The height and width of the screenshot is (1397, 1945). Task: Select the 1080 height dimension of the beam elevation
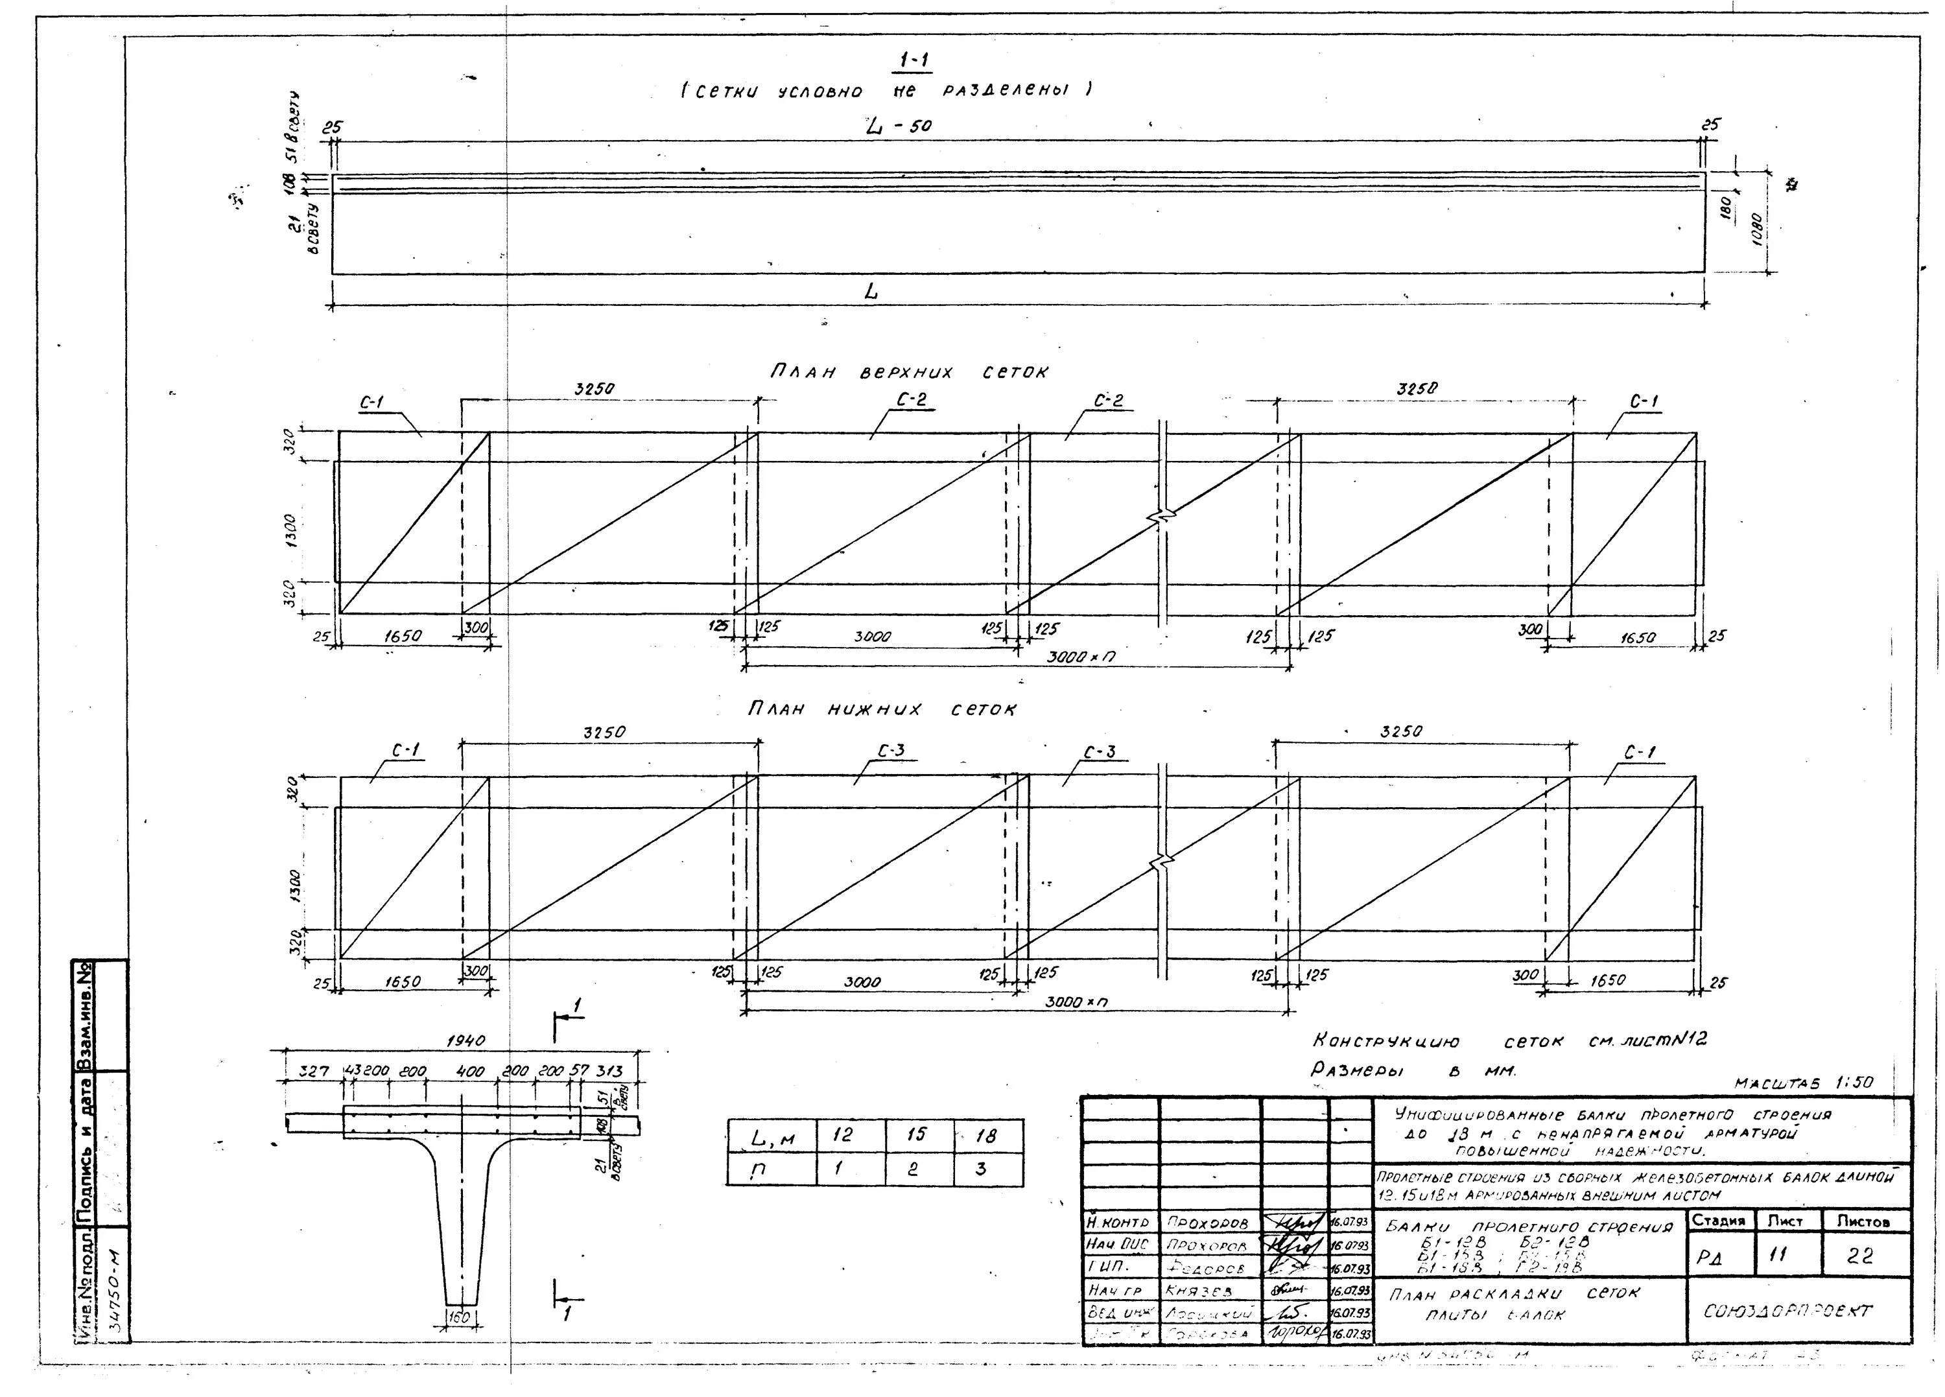point(1756,230)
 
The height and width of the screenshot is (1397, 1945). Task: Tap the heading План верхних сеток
point(908,372)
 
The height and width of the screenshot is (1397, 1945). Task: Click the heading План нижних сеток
point(882,709)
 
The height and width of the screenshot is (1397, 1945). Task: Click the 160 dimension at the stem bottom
point(460,1317)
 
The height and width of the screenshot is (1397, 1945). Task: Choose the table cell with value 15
point(916,1136)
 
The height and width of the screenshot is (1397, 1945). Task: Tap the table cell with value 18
point(986,1136)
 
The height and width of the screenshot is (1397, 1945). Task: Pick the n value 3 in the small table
point(981,1169)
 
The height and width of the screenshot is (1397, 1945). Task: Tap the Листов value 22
point(1860,1256)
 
